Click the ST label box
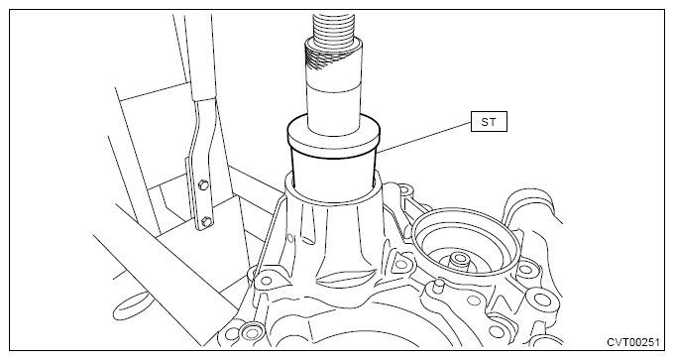coord(489,122)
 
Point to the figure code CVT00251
coord(633,342)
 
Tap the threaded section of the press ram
coord(333,27)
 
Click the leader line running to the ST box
coord(424,137)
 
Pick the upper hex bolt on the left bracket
coord(202,185)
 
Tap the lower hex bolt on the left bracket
coord(206,222)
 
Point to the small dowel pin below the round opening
coord(437,286)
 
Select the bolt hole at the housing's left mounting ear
coord(267,281)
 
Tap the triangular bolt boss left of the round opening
coord(400,264)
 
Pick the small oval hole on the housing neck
coord(290,237)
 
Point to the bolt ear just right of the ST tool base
coord(403,190)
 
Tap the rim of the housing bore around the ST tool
coord(334,189)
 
